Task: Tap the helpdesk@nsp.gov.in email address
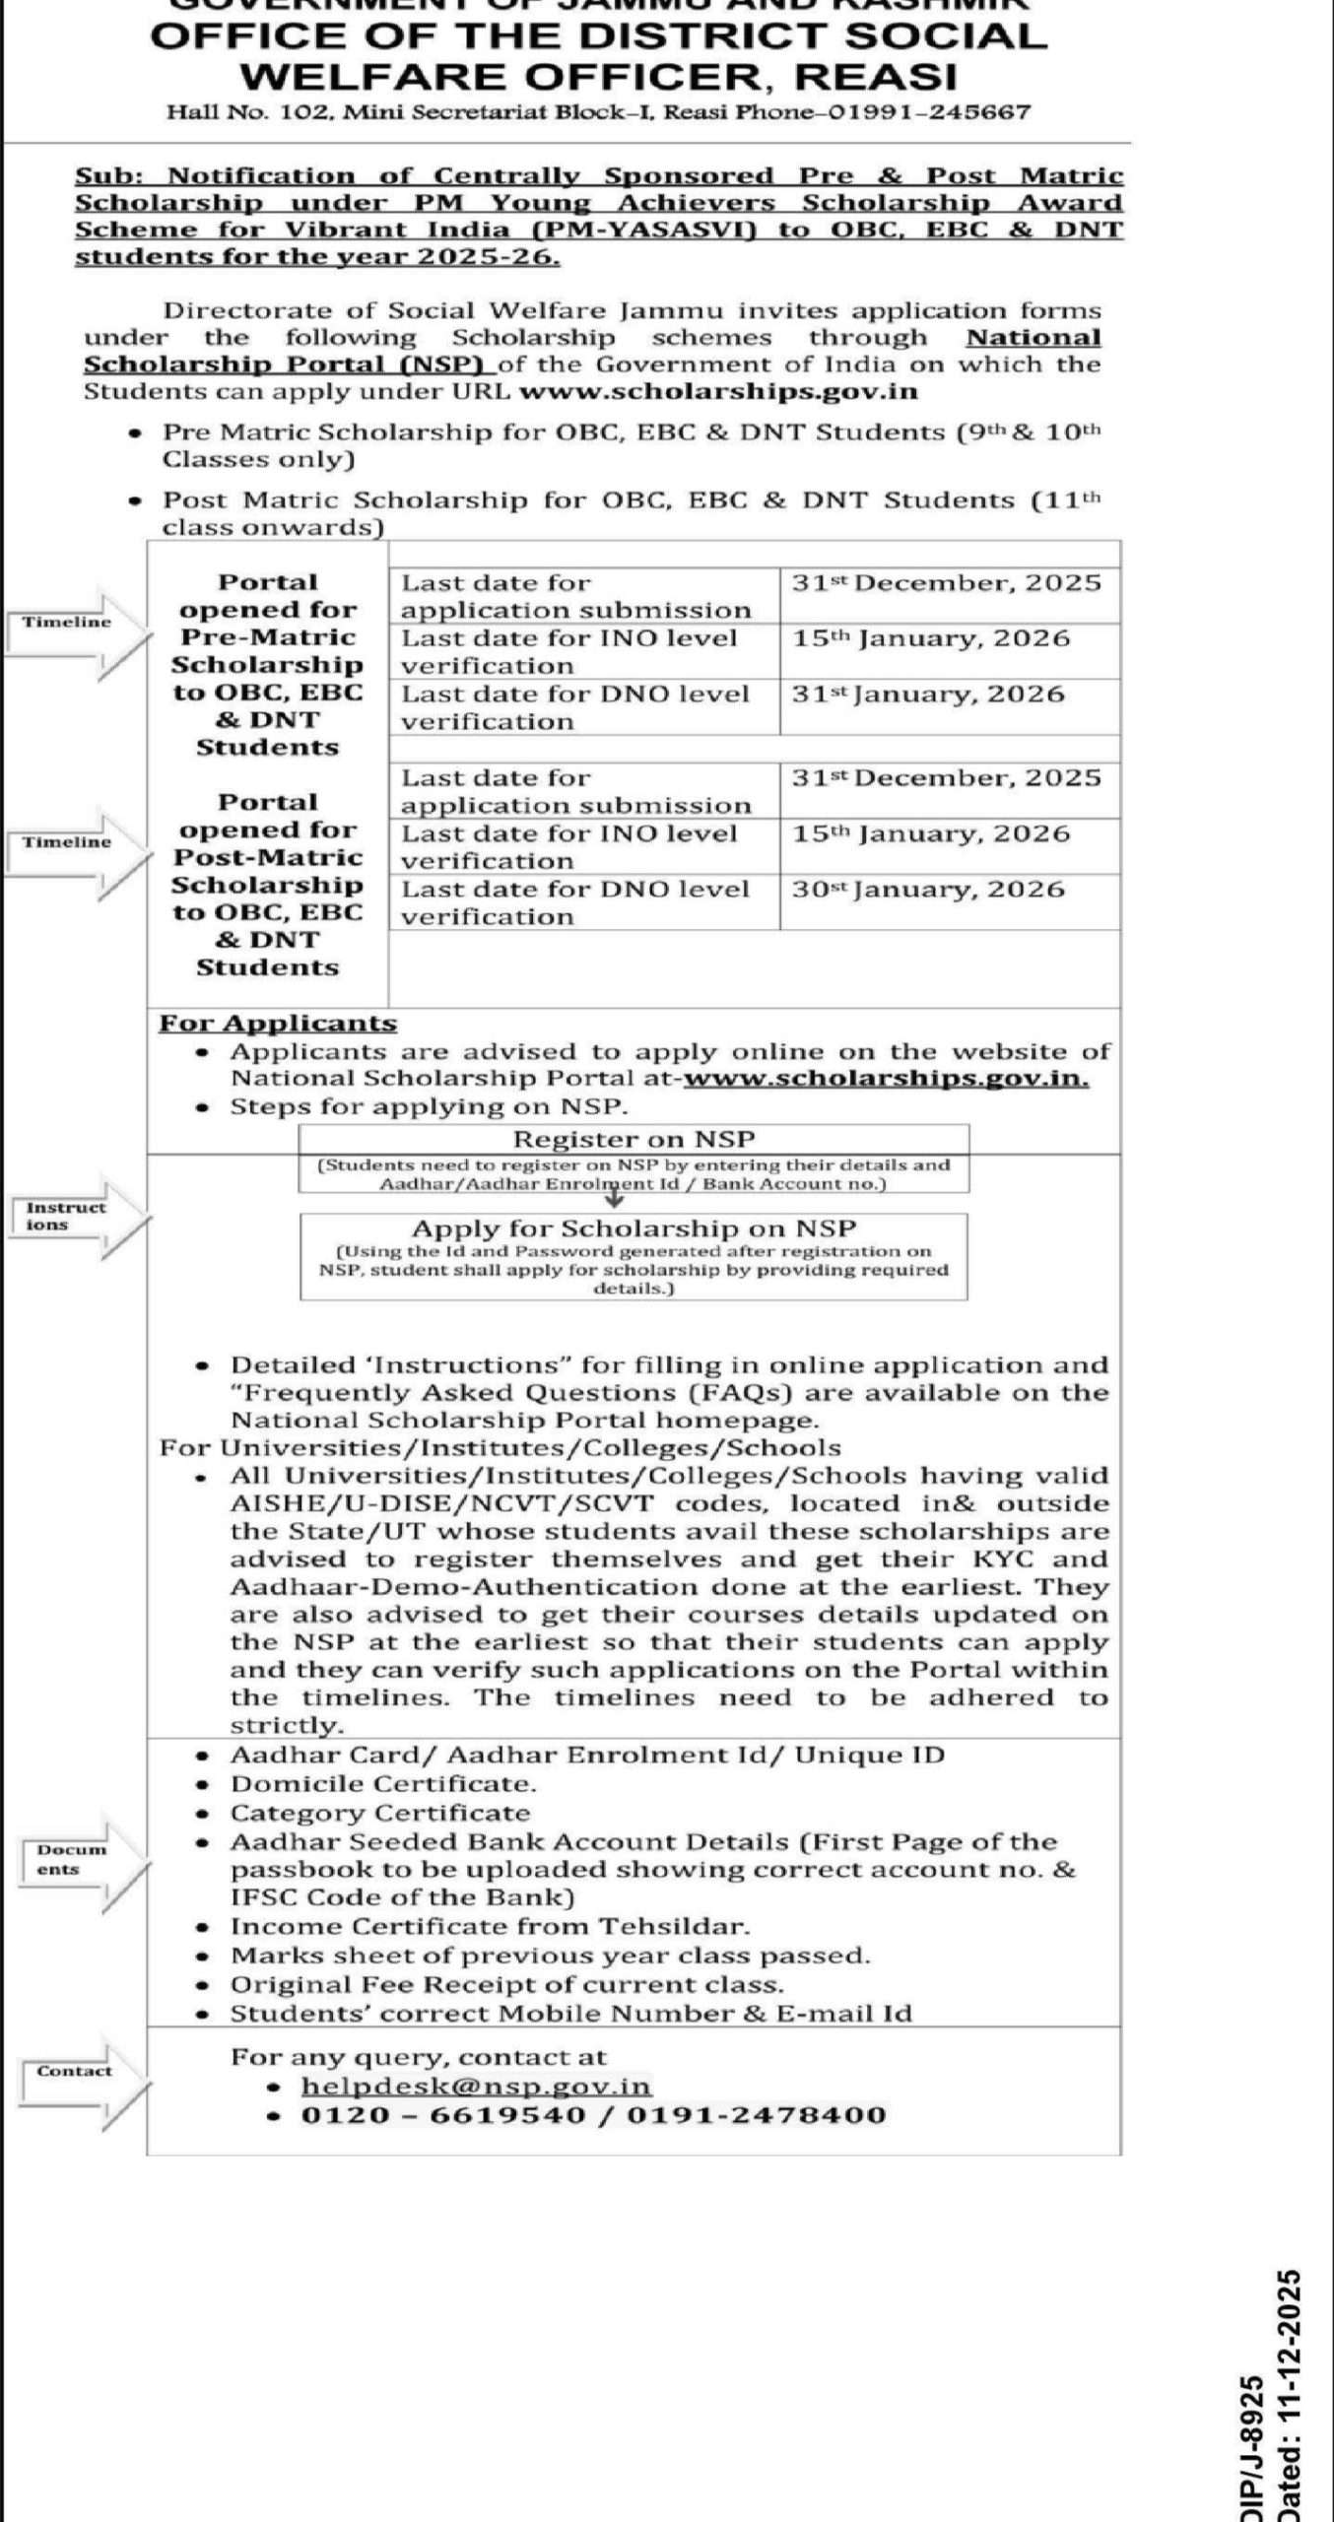(x=476, y=2087)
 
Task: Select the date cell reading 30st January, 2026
(x=928, y=890)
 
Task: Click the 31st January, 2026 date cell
(x=928, y=695)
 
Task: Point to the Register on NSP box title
(x=634, y=1140)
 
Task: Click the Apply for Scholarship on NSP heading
(x=634, y=1228)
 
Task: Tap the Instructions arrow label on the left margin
(x=66, y=1217)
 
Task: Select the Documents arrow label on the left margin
(x=71, y=1859)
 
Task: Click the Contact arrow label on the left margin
(x=74, y=2072)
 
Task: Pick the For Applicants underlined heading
(x=278, y=1024)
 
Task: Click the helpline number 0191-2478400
(x=756, y=2115)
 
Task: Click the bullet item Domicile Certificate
(x=383, y=1784)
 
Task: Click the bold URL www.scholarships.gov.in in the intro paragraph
(x=718, y=392)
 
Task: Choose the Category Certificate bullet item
(x=379, y=1813)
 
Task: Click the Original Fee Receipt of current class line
(x=506, y=1985)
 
